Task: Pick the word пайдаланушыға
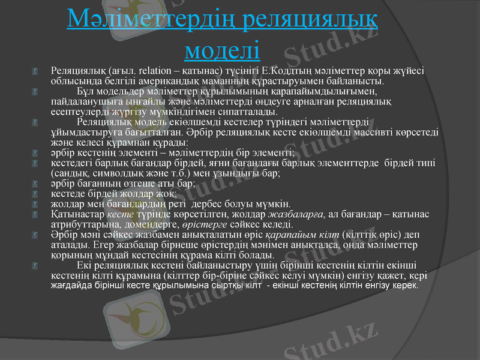pyautogui.click(x=86, y=102)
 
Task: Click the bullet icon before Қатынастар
pyautogui.click(x=37, y=214)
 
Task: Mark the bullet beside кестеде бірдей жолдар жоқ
pyautogui.click(x=37, y=194)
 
